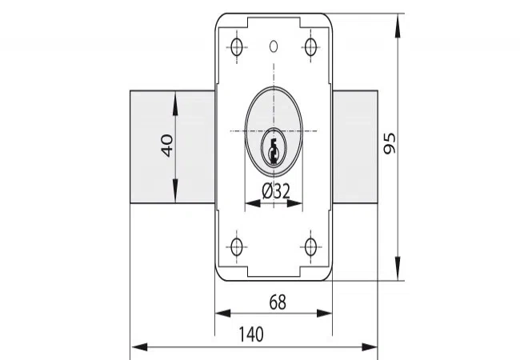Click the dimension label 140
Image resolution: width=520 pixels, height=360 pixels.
[x=251, y=334]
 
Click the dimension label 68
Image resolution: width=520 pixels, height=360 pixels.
[x=278, y=302]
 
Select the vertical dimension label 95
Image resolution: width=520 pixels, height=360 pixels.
[x=390, y=143]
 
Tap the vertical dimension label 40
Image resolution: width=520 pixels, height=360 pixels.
[x=167, y=145]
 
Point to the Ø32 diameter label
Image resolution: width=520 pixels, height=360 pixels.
[x=276, y=191]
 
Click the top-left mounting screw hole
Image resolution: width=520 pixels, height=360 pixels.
[x=237, y=46]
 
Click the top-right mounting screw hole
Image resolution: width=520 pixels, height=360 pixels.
[x=310, y=46]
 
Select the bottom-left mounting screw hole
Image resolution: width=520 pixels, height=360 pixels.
[x=237, y=247]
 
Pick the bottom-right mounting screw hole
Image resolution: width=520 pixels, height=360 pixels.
[x=310, y=247]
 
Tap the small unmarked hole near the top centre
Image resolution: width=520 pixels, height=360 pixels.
[x=274, y=46]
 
